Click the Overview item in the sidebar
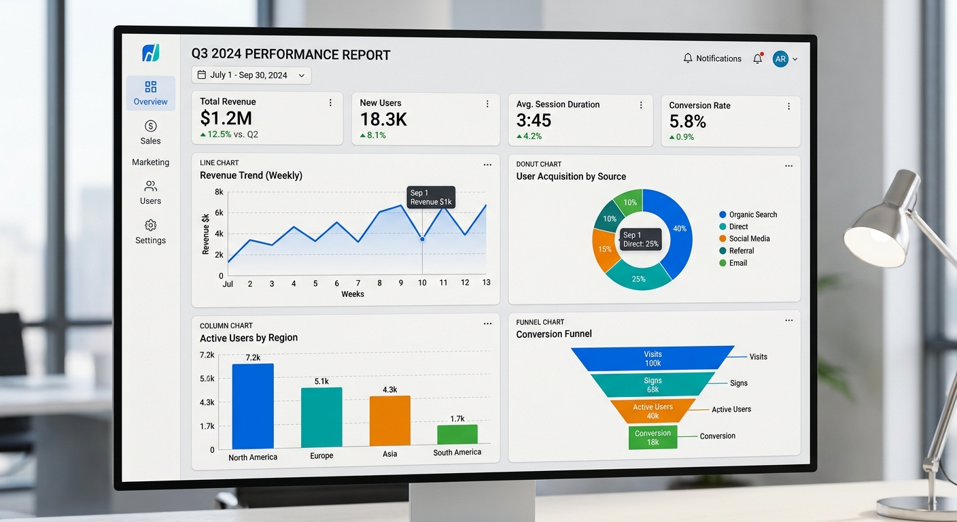pos(150,93)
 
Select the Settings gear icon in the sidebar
pos(150,225)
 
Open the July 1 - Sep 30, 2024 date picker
pos(251,75)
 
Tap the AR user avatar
pos(780,59)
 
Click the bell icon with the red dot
pos(758,59)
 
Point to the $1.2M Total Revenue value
pos(226,118)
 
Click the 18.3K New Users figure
pos(383,120)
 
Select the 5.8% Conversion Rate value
pos(687,122)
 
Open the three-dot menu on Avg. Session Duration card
pos(641,105)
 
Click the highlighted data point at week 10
pos(422,239)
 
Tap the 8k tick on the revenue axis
pos(219,192)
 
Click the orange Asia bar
pos(389,421)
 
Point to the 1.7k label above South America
pos(457,419)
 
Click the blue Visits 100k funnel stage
pos(652,358)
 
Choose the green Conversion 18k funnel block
pos(652,437)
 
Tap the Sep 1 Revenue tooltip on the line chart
pos(431,197)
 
